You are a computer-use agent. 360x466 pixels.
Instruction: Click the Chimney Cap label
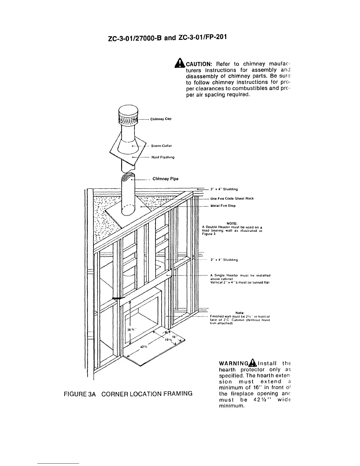[x=161, y=119]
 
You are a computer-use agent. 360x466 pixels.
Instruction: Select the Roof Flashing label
[x=163, y=157]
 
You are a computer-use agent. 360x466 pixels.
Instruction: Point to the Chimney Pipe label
[x=165, y=179]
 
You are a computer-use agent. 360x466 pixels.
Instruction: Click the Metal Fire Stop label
[x=223, y=206]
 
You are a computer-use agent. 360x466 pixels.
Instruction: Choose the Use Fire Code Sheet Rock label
[x=232, y=198]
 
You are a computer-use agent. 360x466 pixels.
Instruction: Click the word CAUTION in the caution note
[x=199, y=64]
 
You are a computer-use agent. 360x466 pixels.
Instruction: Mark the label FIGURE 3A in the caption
[x=80, y=394]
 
